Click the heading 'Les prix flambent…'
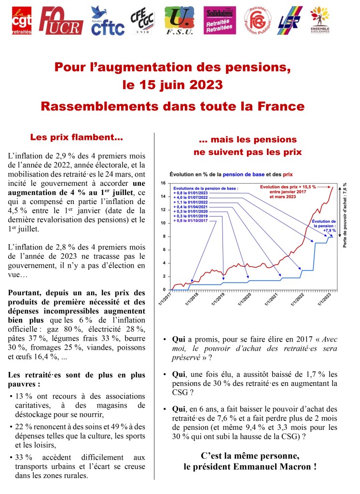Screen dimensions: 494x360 pyautogui.click(x=76, y=137)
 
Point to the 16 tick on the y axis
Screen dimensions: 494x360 pyautogui.click(x=163, y=183)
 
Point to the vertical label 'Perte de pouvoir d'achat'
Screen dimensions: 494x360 pyautogui.click(x=346, y=215)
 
